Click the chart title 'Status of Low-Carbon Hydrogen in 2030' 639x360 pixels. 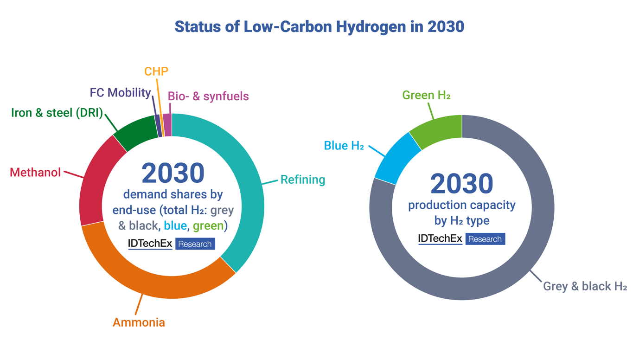pyautogui.click(x=319, y=26)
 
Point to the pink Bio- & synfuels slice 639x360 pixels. pyautogui.click(x=167, y=125)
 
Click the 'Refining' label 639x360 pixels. pyautogui.click(x=303, y=180)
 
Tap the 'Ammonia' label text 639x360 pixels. pyautogui.click(x=139, y=322)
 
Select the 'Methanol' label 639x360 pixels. pyautogui.click(x=35, y=173)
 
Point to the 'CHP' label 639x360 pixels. pyautogui.click(x=156, y=71)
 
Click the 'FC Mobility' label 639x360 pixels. pyautogui.click(x=120, y=93)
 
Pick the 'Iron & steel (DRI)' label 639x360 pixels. pyautogui.click(x=57, y=113)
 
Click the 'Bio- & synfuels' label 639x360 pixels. pyautogui.click(x=208, y=96)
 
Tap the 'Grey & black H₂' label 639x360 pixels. pyautogui.click(x=585, y=286)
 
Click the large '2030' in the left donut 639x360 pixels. pyautogui.click(x=173, y=173)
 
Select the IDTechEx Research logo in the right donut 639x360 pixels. pyautogui.click(x=461, y=239)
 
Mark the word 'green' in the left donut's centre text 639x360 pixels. pyautogui.click(x=208, y=226)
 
